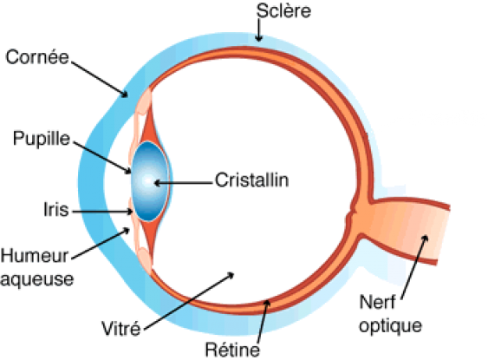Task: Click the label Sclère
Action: [x=283, y=11]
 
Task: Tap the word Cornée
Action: [x=37, y=57]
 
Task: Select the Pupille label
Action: [x=42, y=139]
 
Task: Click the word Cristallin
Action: [x=251, y=180]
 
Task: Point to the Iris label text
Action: [x=56, y=209]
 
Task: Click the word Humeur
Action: [x=34, y=256]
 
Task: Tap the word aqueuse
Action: [x=36, y=279]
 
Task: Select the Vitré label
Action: [x=121, y=328]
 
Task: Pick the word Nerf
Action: [x=377, y=302]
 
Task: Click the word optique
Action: [x=391, y=326]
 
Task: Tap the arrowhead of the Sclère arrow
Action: [x=258, y=39]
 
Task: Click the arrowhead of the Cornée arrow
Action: [x=125, y=94]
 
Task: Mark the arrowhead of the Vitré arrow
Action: [x=231, y=274]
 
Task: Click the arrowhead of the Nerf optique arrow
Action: [x=425, y=239]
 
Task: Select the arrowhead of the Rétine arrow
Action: [x=267, y=303]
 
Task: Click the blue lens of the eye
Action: [x=150, y=181]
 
